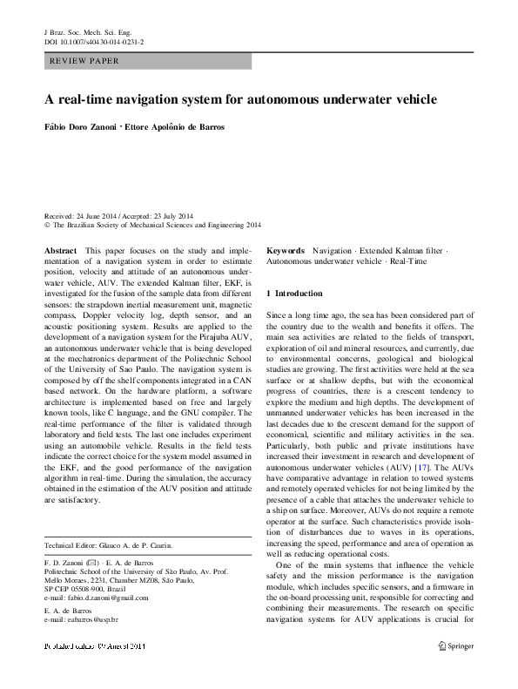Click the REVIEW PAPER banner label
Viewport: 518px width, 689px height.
84,62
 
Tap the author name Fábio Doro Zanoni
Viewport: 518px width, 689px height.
85,126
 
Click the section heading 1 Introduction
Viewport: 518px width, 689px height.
294,294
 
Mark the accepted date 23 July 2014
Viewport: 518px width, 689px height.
172,215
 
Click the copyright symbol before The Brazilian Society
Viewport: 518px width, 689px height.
47,224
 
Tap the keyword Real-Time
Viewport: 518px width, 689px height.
408,260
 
